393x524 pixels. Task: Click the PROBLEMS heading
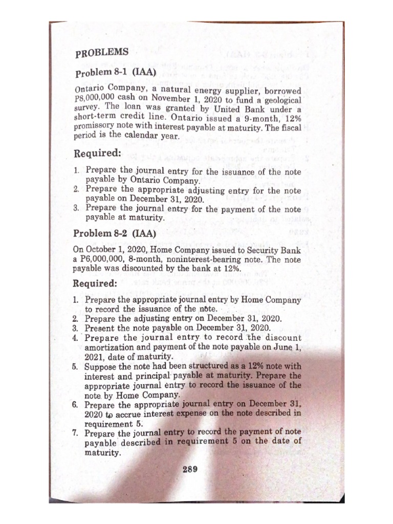click(x=102, y=53)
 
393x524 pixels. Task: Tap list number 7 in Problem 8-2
click(x=75, y=433)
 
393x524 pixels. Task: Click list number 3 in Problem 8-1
click(x=75, y=209)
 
